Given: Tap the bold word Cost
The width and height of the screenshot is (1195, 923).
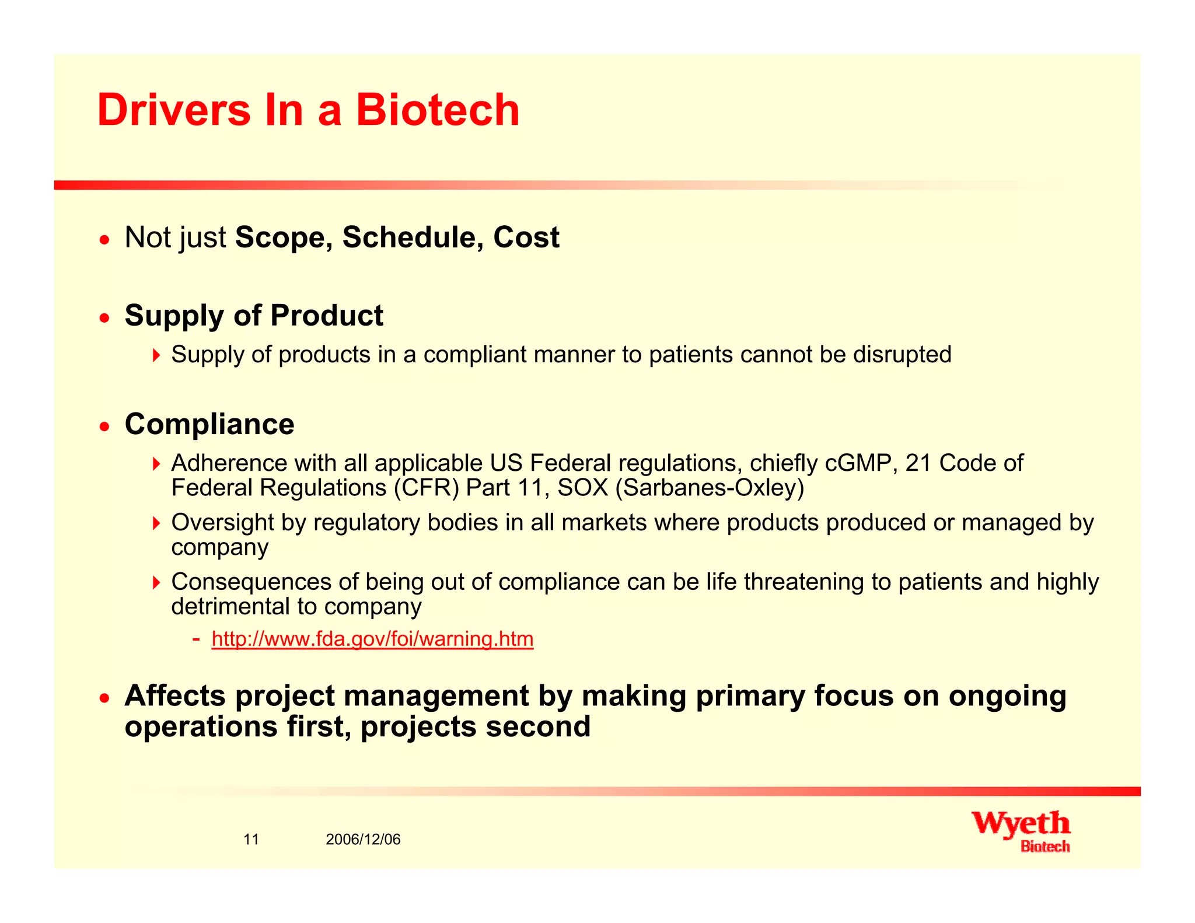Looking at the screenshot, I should [x=526, y=237].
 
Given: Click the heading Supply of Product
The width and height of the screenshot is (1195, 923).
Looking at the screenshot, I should [x=254, y=316].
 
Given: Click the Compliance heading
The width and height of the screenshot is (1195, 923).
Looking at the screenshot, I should [x=209, y=424].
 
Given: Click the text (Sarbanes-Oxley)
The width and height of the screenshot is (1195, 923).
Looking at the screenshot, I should [x=710, y=488].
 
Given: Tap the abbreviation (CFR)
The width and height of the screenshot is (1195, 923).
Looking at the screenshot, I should [x=427, y=488].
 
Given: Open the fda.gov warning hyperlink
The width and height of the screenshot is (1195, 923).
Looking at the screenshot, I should [x=372, y=639].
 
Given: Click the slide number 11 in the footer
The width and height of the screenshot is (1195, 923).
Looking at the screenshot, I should [x=251, y=840].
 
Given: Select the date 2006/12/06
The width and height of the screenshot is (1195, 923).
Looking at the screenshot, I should [x=363, y=840].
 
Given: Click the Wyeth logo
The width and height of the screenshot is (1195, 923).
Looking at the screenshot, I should [x=1021, y=830].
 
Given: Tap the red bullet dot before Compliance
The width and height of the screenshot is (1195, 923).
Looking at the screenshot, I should [x=104, y=426].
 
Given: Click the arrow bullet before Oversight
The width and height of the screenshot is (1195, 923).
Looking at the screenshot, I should [x=156, y=523].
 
